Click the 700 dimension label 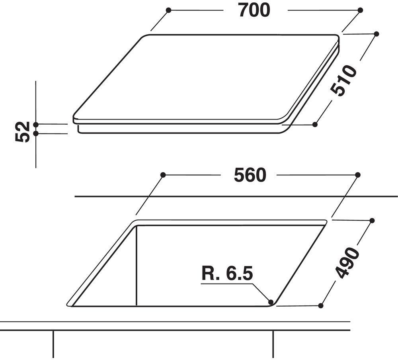(254, 11)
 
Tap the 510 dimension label (343, 81)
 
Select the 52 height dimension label (23, 132)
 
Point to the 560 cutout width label (250, 175)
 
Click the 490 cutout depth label (347, 263)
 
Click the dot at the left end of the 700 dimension (168, 10)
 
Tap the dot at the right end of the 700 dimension (360, 10)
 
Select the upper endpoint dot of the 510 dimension (377, 34)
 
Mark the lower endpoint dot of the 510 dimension (315, 125)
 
